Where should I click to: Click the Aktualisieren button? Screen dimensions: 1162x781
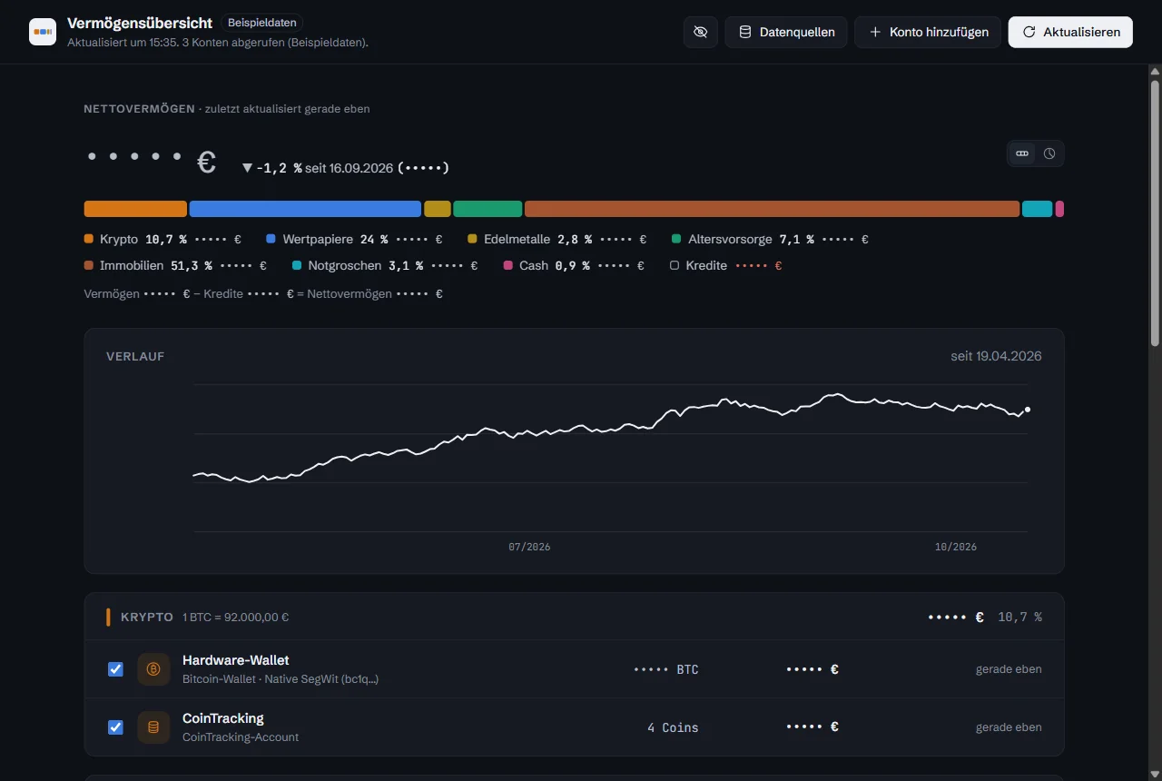(1070, 32)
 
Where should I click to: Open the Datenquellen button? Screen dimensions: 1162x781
(786, 32)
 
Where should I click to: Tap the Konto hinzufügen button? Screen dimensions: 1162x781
(928, 32)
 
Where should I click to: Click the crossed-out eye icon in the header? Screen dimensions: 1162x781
(700, 32)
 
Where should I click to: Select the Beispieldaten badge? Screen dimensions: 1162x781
(262, 23)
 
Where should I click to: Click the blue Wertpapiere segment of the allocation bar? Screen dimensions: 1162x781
(305, 209)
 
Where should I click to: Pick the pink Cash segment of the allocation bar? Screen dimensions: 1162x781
(1059, 209)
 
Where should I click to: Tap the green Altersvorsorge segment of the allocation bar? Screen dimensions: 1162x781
(487, 209)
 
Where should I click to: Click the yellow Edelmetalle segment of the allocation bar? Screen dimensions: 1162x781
(438, 209)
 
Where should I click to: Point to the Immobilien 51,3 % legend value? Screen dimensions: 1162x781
(192, 266)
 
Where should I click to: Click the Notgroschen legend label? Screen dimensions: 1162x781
(344, 266)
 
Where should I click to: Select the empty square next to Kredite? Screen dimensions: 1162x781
(674, 266)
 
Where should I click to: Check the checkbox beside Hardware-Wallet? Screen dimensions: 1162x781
(115, 669)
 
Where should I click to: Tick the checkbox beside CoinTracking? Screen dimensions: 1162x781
(115, 727)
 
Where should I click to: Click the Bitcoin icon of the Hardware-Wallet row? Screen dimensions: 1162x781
(153, 669)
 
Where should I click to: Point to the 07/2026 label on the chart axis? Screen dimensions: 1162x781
(529, 547)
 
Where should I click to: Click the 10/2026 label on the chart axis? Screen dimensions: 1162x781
(956, 547)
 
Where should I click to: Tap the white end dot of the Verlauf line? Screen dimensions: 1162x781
(1027, 410)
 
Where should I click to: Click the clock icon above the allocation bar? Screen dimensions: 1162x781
(1049, 153)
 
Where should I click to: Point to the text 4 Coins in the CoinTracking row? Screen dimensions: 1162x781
(673, 727)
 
